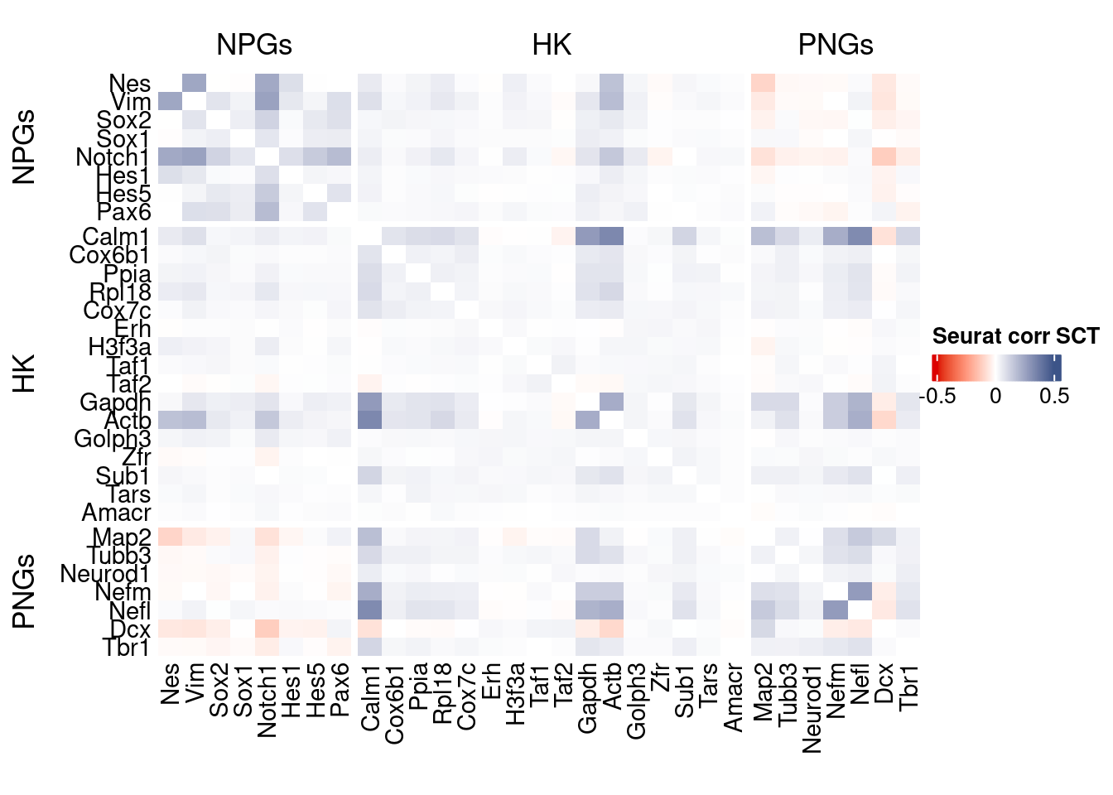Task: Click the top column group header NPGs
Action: [254, 45]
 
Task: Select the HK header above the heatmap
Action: [552, 45]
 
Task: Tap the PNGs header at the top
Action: [835, 45]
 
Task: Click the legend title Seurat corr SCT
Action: [1015, 336]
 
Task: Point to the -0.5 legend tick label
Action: [938, 396]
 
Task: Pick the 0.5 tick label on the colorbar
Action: [1053, 396]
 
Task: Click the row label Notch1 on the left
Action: [113, 157]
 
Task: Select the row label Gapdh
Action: [115, 402]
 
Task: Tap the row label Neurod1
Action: [105, 574]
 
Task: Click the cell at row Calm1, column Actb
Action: [612, 237]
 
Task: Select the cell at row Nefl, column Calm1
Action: [370, 610]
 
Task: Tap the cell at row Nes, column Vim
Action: [195, 83]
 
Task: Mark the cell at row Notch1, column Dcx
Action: [884, 157]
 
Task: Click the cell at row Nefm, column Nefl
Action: [860, 591]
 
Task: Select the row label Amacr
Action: [116, 513]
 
